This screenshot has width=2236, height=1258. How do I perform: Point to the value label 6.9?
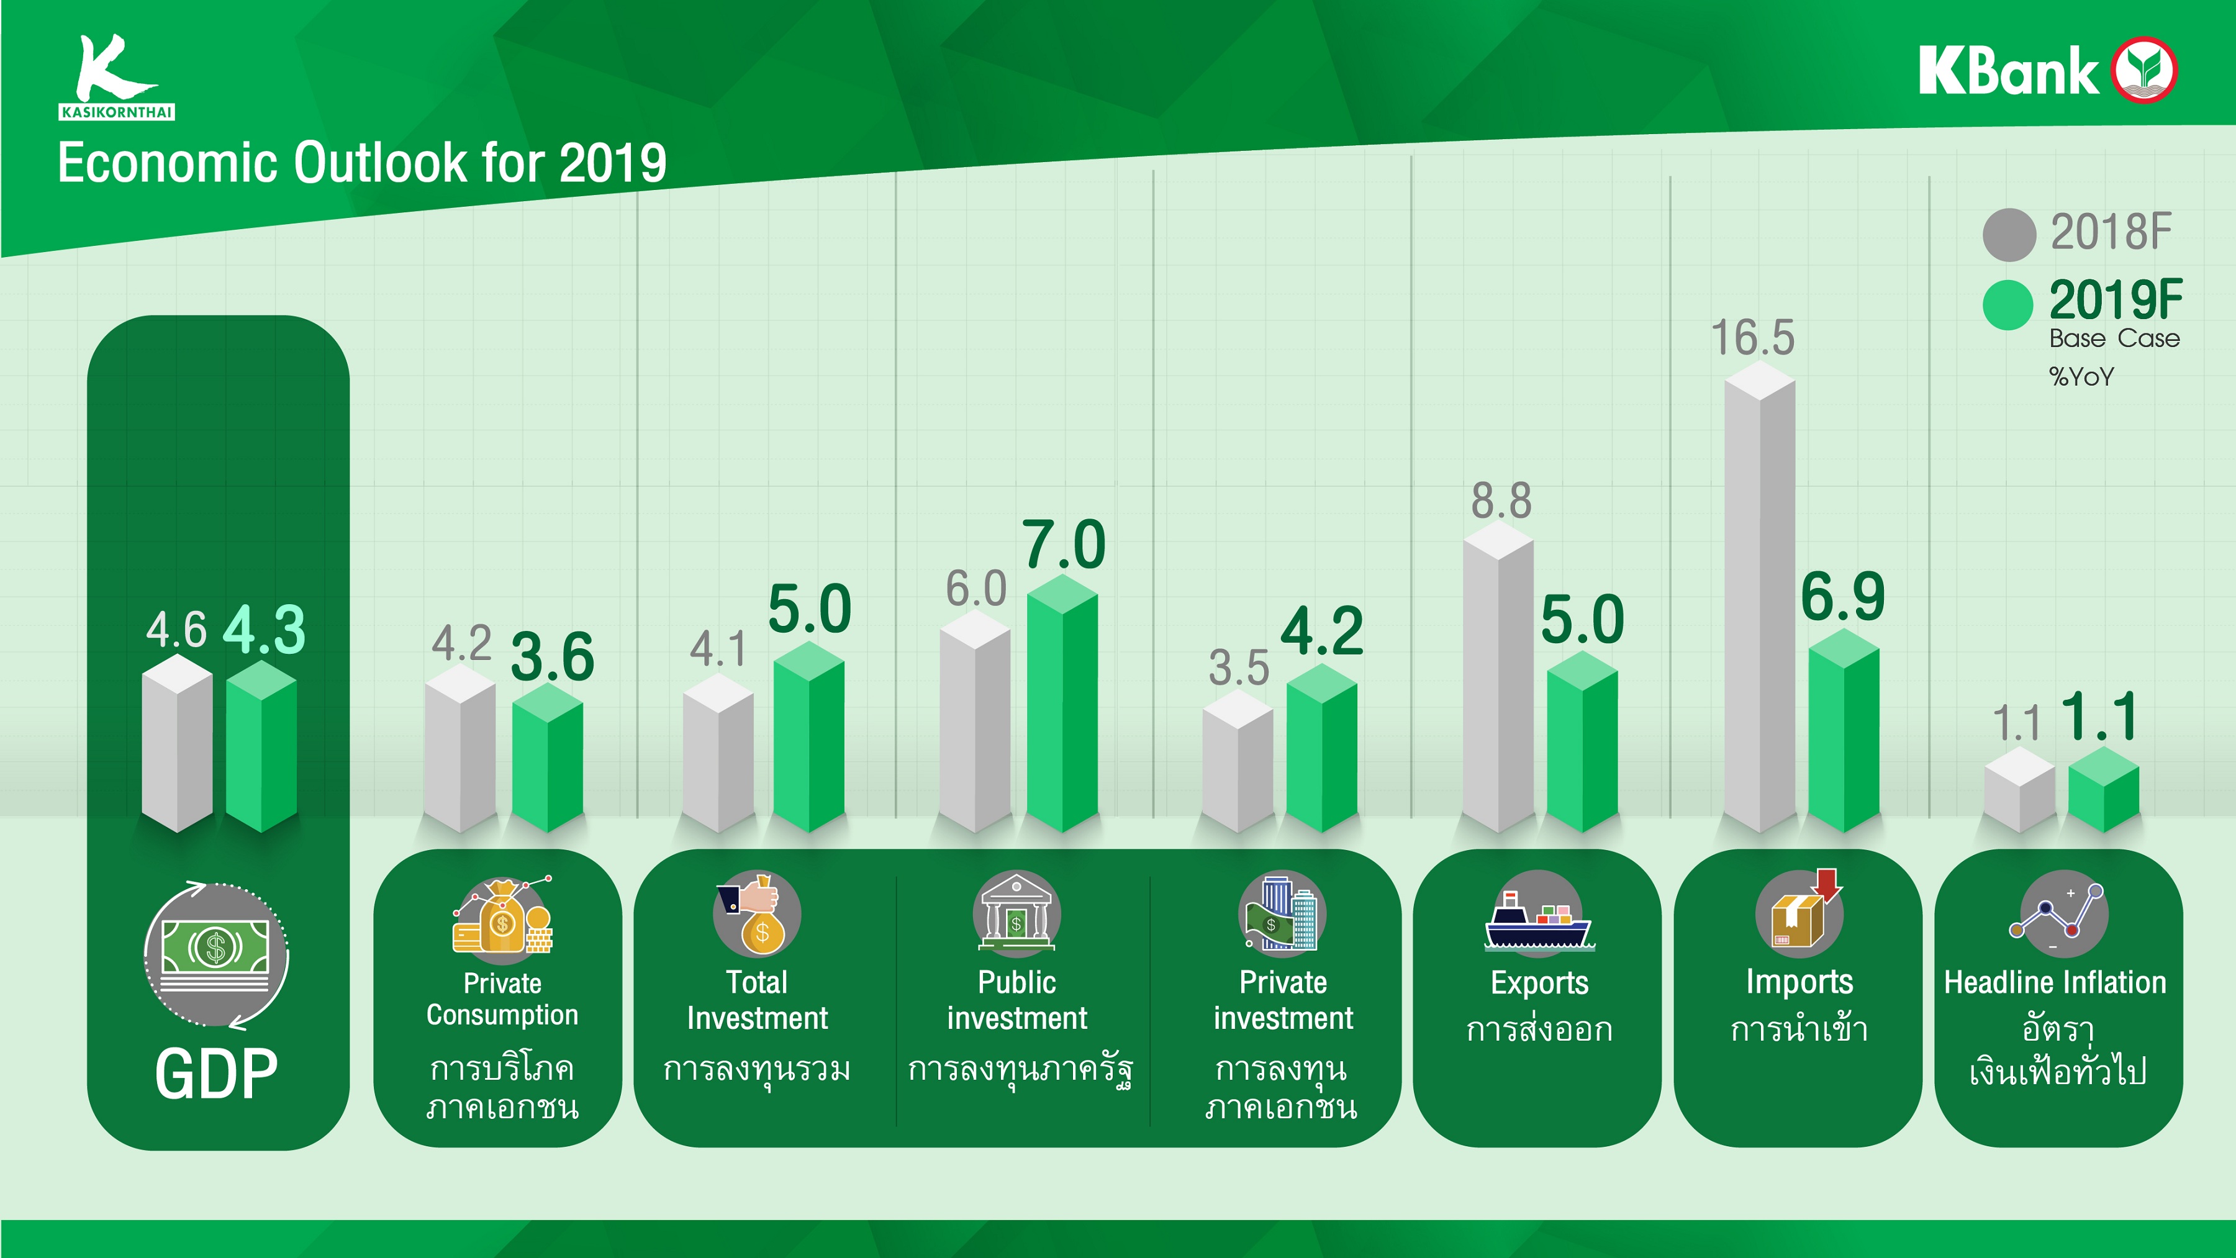click(1843, 597)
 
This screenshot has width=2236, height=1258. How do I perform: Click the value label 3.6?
click(552, 656)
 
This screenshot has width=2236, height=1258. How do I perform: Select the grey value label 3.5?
click(1239, 667)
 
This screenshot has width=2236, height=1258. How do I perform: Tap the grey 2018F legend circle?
click(2009, 235)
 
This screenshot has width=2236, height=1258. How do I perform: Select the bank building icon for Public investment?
click(1016, 914)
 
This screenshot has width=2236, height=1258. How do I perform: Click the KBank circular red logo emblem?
click(2144, 70)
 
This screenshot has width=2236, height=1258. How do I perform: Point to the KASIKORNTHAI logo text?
click(117, 112)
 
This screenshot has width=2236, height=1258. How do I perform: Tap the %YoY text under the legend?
click(2081, 377)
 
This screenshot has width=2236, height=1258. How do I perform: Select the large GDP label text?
click(216, 1074)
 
